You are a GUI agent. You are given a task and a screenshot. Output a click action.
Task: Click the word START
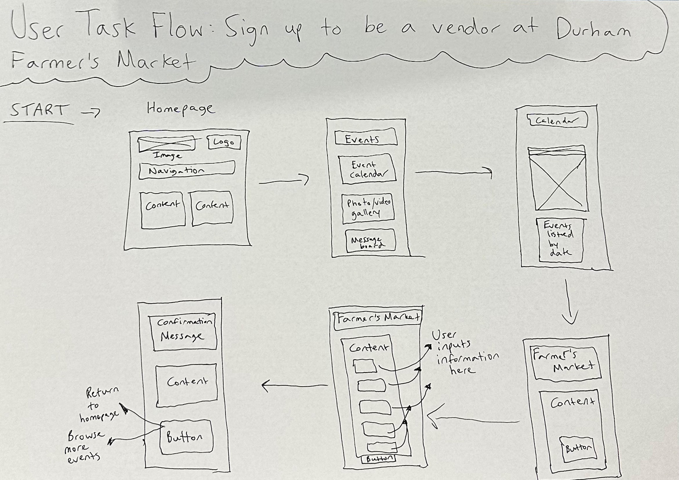click(x=38, y=110)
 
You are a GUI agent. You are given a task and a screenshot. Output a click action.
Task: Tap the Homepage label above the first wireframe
click(x=180, y=109)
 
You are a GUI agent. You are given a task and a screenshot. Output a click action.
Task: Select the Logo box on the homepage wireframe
click(x=224, y=142)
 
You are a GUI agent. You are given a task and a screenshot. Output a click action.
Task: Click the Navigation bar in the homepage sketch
click(x=186, y=170)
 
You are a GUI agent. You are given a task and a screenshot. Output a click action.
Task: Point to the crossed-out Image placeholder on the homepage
click(x=166, y=144)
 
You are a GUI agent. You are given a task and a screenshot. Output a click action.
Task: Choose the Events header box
click(x=365, y=137)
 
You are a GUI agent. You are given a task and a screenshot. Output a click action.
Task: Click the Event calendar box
click(x=367, y=169)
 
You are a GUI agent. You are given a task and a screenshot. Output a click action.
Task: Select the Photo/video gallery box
click(x=368, y=208)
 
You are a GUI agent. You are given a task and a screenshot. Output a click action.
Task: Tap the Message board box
click(x=370, y=241)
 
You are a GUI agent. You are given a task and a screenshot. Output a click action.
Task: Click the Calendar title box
click(x=557, y=121)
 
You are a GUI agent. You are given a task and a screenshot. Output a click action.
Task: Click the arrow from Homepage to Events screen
click(x=284, y=181)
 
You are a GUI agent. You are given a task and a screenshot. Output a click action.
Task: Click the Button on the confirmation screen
click(x=186, y=437)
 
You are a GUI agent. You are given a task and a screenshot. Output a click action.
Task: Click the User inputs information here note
click(x=465, y=352)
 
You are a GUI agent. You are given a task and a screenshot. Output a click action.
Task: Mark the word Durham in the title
click(x=593, y=28)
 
